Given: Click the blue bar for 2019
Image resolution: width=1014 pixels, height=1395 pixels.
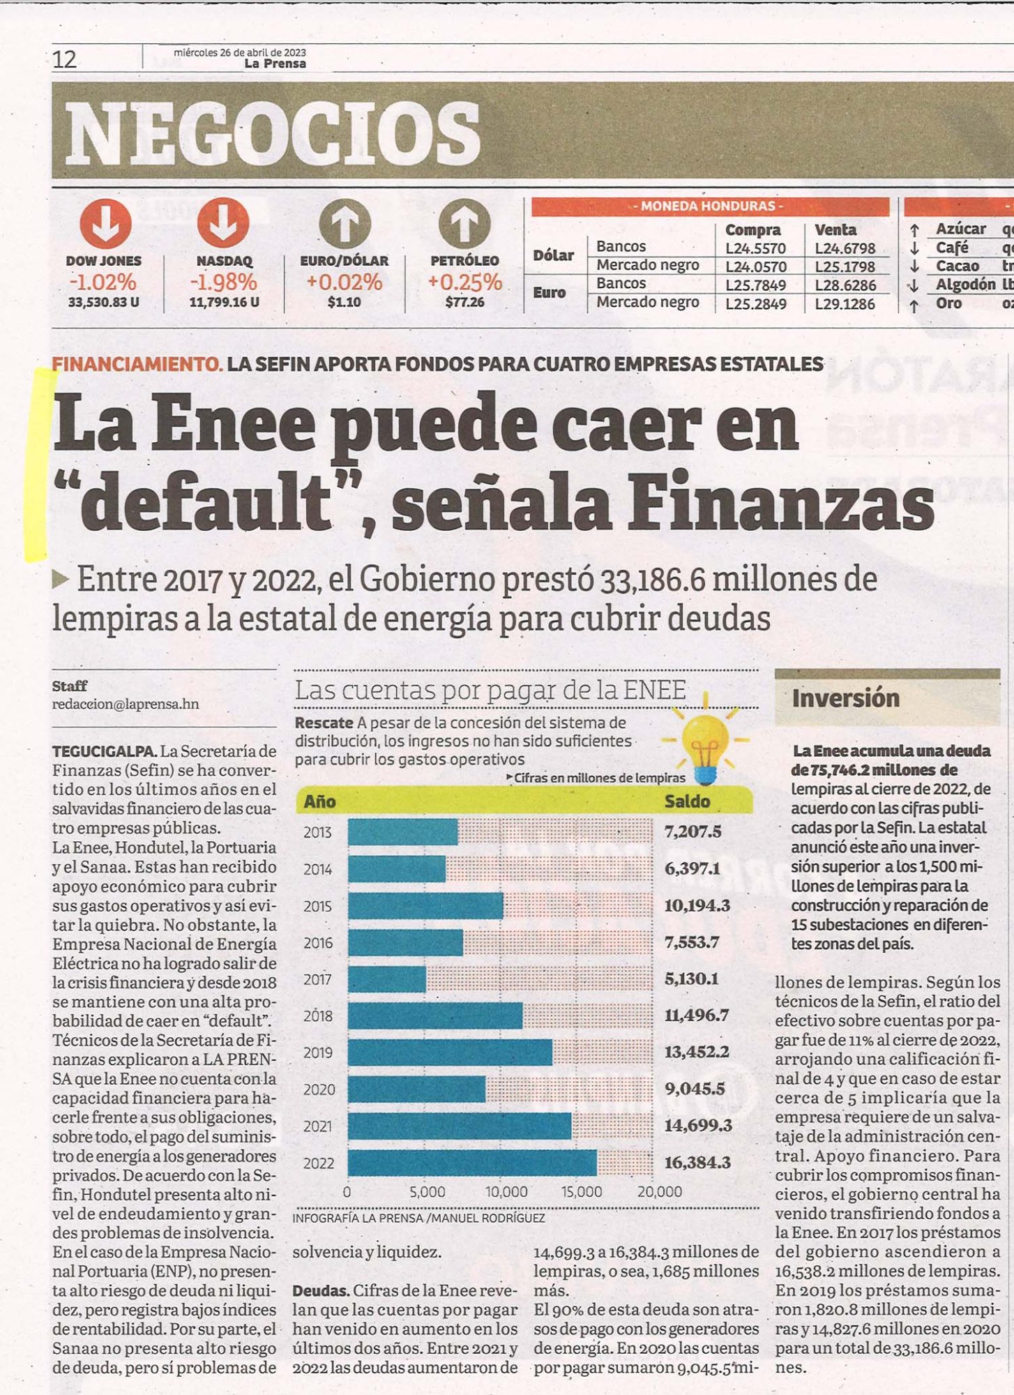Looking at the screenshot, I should point(450,1052).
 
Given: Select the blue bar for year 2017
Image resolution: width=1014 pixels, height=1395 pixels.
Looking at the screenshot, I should point(387,979).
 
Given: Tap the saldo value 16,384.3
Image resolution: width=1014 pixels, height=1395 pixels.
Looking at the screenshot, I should point(697,1162).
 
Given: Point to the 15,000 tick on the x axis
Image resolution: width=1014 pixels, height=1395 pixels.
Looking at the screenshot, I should point(582,1192).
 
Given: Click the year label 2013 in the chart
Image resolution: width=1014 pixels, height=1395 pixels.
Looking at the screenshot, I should point(317,832).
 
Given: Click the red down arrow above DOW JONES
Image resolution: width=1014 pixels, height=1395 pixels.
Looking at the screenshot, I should point(105,223).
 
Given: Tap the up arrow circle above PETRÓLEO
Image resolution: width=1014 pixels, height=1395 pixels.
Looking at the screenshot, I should point(464,223).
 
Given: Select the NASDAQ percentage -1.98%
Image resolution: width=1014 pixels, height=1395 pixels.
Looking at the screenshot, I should point(223,282).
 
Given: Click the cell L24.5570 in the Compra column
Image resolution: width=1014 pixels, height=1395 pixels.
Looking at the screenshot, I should point(755,248).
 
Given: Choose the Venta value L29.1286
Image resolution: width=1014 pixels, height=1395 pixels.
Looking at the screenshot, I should point(845,303).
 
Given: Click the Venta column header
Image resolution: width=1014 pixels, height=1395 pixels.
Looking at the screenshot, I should point(835,229).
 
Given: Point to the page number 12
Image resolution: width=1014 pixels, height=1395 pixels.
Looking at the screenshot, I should point(64,60).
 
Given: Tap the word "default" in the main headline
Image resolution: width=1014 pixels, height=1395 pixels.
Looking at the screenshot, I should point(209,502).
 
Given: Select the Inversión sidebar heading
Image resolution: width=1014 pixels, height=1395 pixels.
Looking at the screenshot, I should point(845,698).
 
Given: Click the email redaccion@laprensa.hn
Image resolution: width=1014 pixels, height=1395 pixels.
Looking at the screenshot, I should point(126,704).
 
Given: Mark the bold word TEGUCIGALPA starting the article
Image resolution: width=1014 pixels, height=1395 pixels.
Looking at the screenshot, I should point(104,751).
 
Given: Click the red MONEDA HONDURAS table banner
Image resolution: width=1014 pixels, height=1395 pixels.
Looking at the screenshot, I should point(710,206).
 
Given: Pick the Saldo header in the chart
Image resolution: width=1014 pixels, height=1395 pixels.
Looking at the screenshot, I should point(687,801).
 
